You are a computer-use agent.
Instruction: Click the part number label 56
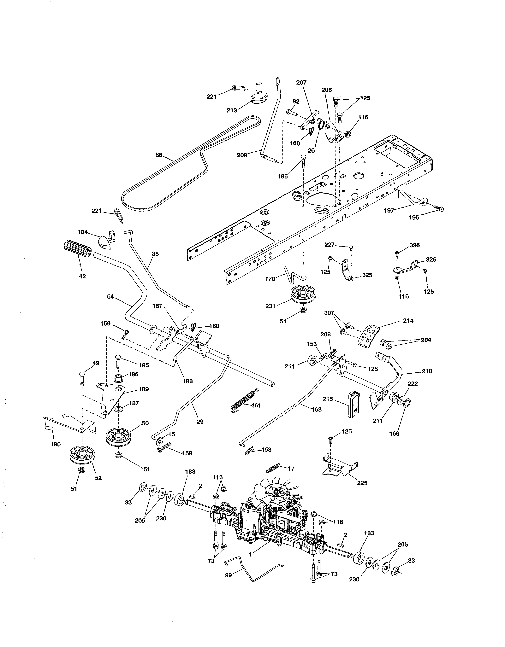[x=159, y=155]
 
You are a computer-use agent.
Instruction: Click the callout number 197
[x=389, y=210]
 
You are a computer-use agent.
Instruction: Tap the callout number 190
[x=55, y=444]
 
